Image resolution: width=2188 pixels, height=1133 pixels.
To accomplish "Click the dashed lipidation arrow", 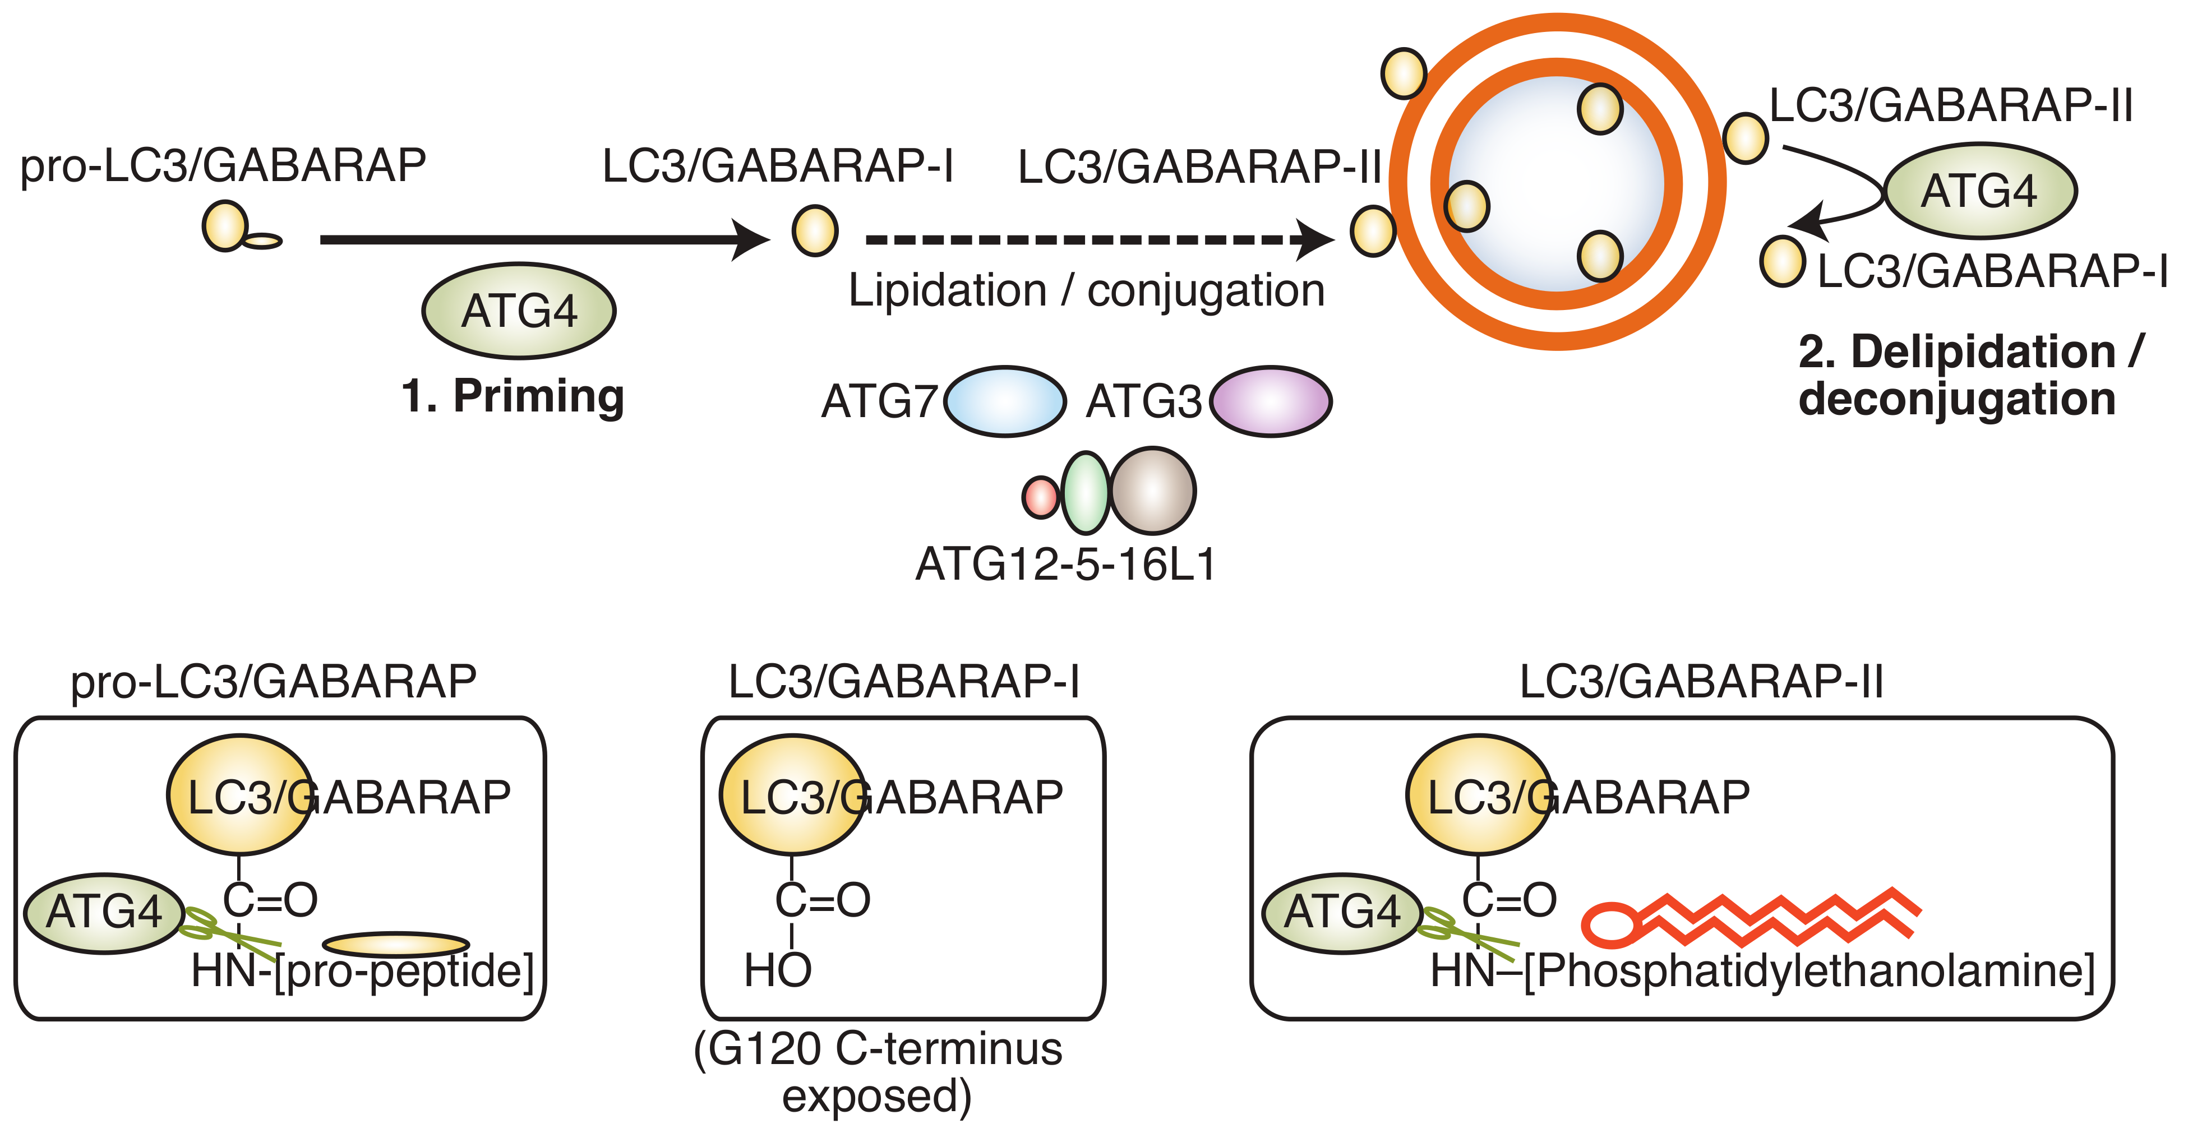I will [x=1087, y=239].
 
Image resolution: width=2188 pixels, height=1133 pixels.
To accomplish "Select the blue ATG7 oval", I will [x=1005, y=402].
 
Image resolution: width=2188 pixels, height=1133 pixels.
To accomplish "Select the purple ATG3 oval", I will [x=1271, y=402].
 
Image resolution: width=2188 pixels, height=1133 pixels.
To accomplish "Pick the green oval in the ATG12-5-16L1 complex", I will [x=1086, y=493].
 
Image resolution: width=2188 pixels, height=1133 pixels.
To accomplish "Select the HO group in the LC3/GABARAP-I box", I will [x=777, y=970].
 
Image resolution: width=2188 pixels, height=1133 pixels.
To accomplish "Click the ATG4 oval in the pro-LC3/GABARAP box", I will [x=104, y=913].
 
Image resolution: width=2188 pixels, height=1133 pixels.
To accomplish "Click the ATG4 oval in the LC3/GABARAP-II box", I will [x=1342, y=913].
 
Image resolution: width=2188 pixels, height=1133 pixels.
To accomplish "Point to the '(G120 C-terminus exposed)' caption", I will [x=878, y=1072].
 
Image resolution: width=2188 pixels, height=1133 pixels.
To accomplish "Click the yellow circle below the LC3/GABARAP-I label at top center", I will [x=815, y=230].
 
